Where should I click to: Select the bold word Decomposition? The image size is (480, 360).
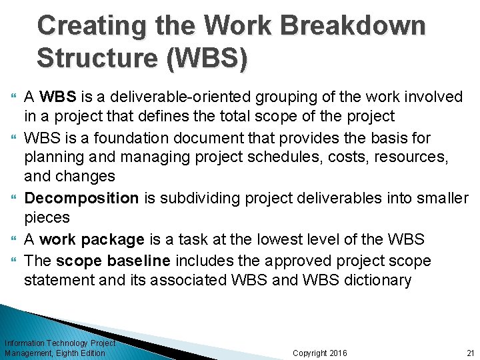click(x=81, y=198)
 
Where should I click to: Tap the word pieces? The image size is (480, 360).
click(x=47, y=217)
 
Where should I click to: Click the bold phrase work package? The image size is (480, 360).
click(x=92, y=239)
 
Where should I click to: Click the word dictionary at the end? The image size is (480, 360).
click(x=377, y=280)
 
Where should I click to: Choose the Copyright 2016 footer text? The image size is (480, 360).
click(x=320, y=353)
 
